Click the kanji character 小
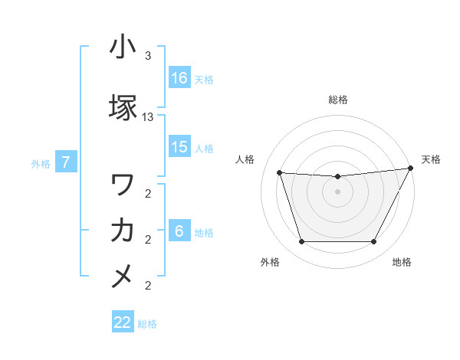(x=123, y=47)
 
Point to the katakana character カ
(x=123, y=231)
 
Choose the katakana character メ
(x=123, y=275)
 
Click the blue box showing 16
(x=179, y=78)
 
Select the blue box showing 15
(x=179, y=147)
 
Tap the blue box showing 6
(x=179, y=231)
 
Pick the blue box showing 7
(x=66, y=162)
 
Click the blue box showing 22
(x=123, y=322)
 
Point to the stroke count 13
(x=148, y=117)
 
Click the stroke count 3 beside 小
(x=148, y=56)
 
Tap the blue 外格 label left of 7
(x=41, y=163)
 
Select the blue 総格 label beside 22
(x=148, y=324)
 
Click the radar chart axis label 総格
(x=337, y=100)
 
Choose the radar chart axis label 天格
(x=432, y=159)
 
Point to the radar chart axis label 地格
(x=402, y=262)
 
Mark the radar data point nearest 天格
(x=411, y=169)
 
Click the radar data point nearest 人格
(x=280, y=173)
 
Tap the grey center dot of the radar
(x=337, y=191)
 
